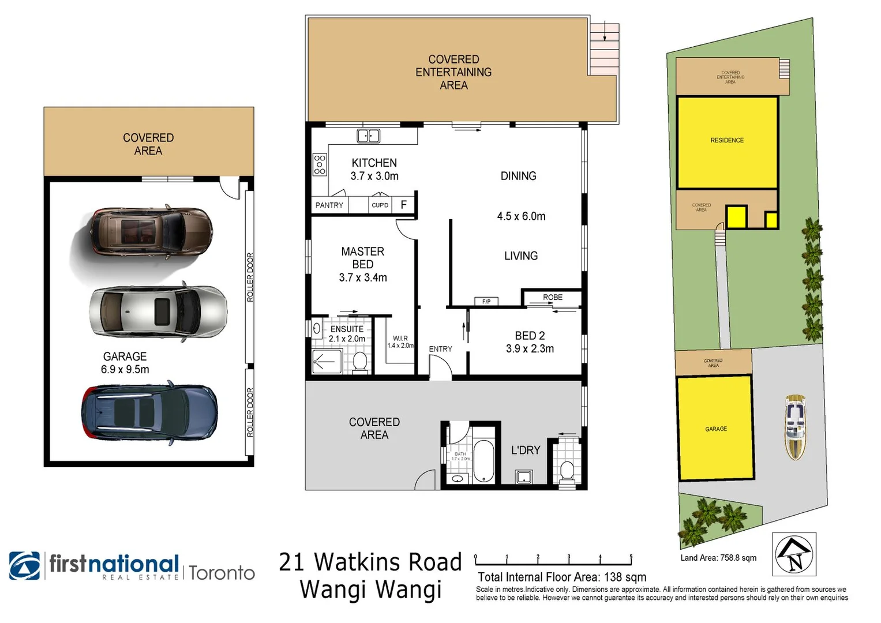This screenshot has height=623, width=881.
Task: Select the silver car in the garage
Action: point(158,311)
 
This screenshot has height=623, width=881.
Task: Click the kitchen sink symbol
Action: point(368,136)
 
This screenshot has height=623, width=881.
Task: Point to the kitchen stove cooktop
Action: point(319,164)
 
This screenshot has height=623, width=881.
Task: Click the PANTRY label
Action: point(329,205)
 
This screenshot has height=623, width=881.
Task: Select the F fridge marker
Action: point(404,205)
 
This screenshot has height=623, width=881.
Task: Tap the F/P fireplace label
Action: point(486,301)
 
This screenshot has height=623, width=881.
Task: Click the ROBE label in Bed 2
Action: point(552,297)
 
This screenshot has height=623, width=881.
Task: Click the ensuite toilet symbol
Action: point(360,362)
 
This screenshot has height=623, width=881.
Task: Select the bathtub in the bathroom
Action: point(483,461)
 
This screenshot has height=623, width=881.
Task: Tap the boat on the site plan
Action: point(795,427)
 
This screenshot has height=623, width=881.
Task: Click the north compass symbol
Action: point(794,554)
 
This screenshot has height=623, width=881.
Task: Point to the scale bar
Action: point(553,560)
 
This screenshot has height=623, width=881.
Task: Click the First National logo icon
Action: point(25,566)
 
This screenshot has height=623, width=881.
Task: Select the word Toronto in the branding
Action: point(222,573)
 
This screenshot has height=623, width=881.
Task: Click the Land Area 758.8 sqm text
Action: point(718,558)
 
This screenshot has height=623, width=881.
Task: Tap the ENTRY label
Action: point(440,349)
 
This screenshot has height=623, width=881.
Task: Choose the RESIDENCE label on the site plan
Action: point(727,140)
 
